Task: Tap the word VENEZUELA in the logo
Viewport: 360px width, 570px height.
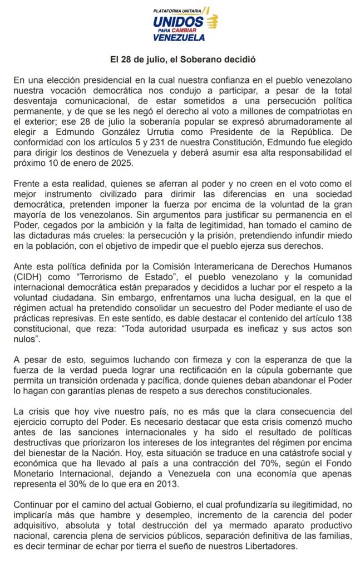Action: coord(179,37)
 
